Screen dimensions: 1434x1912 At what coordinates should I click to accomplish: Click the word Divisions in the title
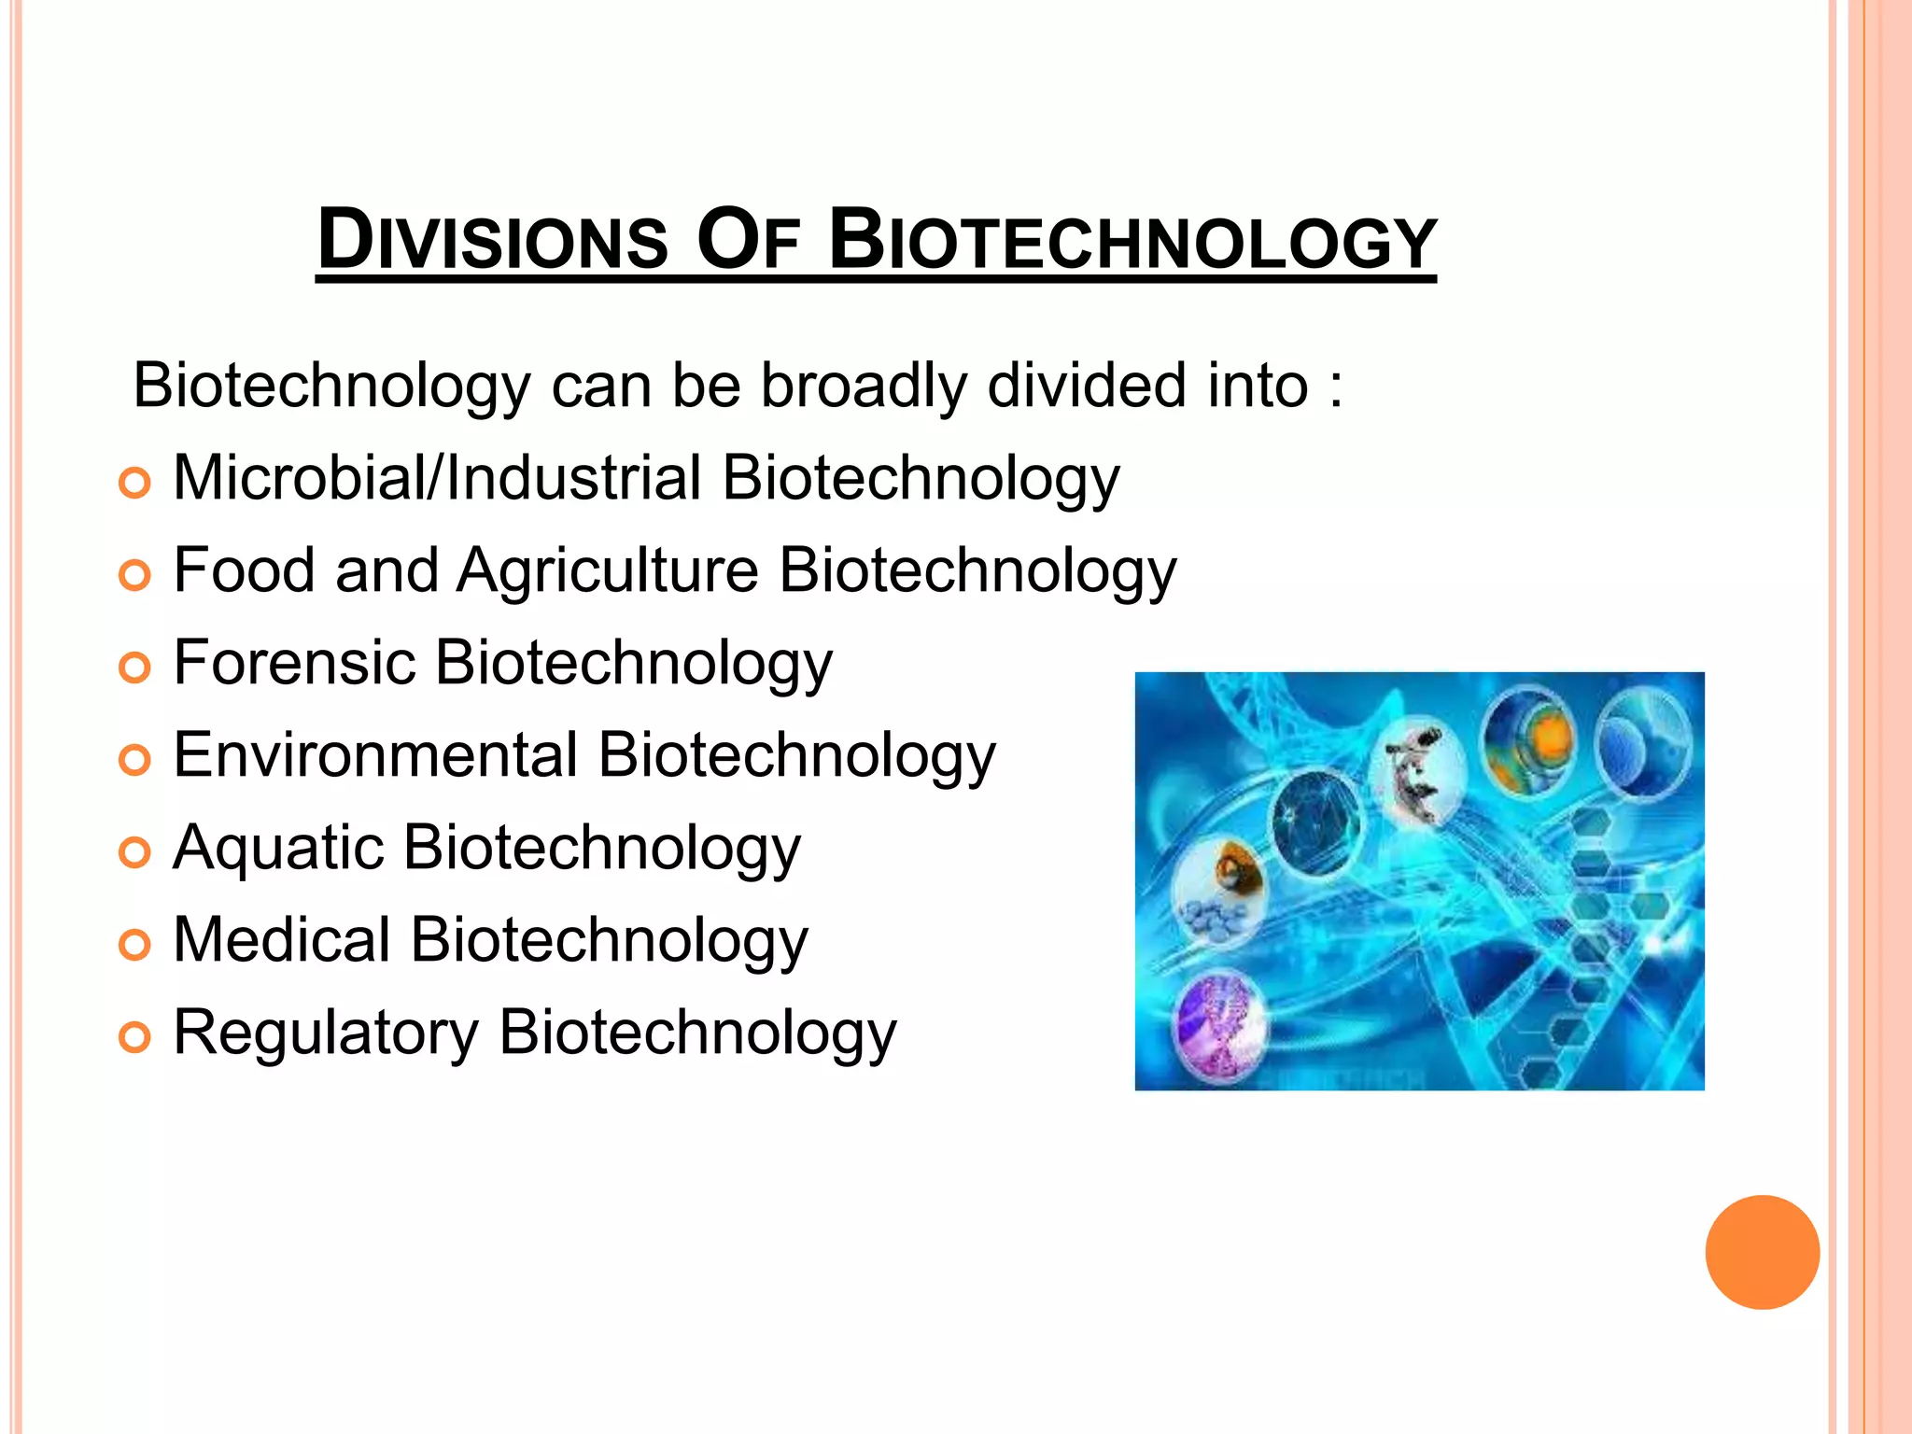[493, 241]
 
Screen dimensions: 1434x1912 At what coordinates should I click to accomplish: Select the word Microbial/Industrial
[437, 478]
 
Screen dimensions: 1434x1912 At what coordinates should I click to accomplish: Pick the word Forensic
[294, 662]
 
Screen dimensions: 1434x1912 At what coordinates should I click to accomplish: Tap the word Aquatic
[278, 848]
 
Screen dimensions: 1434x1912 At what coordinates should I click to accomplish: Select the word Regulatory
[326, 1033]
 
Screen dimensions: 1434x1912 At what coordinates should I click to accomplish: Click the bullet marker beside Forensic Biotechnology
[135, 668]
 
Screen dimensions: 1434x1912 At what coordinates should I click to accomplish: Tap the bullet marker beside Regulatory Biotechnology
[135, 1037]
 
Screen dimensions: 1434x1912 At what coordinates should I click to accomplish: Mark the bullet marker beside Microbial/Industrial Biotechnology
[135, 483]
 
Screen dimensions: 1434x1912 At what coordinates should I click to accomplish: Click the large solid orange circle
[1762, 1252]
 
